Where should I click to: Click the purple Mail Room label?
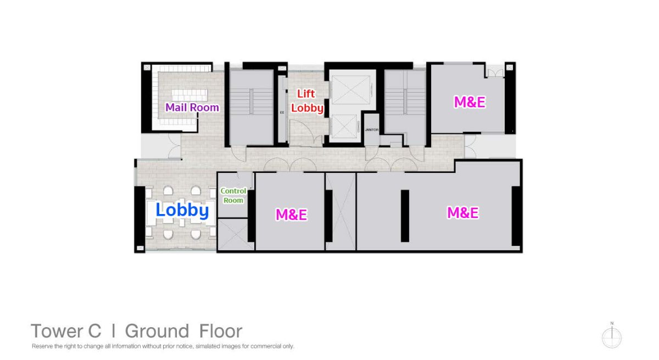point(192,108)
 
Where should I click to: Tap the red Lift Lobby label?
point(307,101)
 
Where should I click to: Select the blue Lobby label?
point(182,210)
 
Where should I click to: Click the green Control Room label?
point(233,196)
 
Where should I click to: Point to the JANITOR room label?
point(372,130)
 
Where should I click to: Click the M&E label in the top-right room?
point(470,102)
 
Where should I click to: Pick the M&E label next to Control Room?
point(291,215)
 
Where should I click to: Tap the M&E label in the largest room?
point(463,213)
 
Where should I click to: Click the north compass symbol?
point(612,336)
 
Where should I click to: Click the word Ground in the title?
point(157,331)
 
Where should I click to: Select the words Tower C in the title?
point(66,331)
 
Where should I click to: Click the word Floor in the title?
point(221,331)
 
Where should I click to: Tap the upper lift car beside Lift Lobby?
point(351,89)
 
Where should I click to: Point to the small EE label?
point(282,113)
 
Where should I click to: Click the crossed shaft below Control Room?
point(236,234)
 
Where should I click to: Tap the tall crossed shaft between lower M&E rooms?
point(340,212)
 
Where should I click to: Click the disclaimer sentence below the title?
point(163,346)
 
